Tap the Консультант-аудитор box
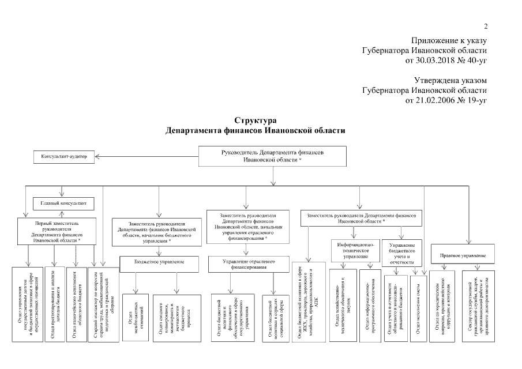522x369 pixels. (x=64, y=157)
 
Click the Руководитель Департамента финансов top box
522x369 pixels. (x=272, y=156)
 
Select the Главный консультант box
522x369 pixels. (x=63, y=204)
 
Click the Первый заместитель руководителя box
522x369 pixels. (x=57, y=232)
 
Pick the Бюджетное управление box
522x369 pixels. (x=160, y=262)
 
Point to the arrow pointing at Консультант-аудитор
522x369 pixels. (x=98, y=156)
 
